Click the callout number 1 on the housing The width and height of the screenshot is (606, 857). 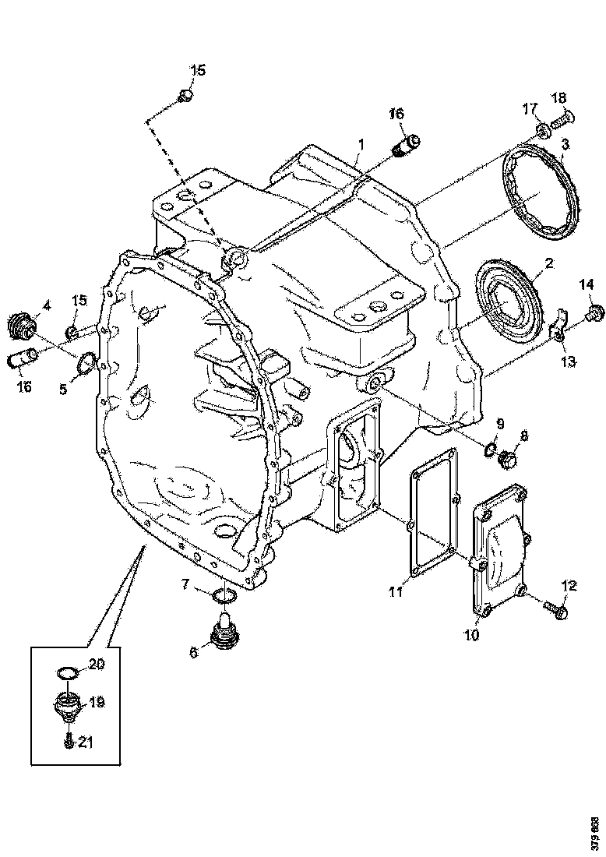tap(361, 145)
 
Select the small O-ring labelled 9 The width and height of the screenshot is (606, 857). tap(491, 449)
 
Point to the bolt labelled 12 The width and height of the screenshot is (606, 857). tap(557, 611)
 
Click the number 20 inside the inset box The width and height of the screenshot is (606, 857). tap(95, 664)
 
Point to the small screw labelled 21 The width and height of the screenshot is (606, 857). tap(69, 742)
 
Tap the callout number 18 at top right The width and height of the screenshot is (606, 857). tap(559, 97)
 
